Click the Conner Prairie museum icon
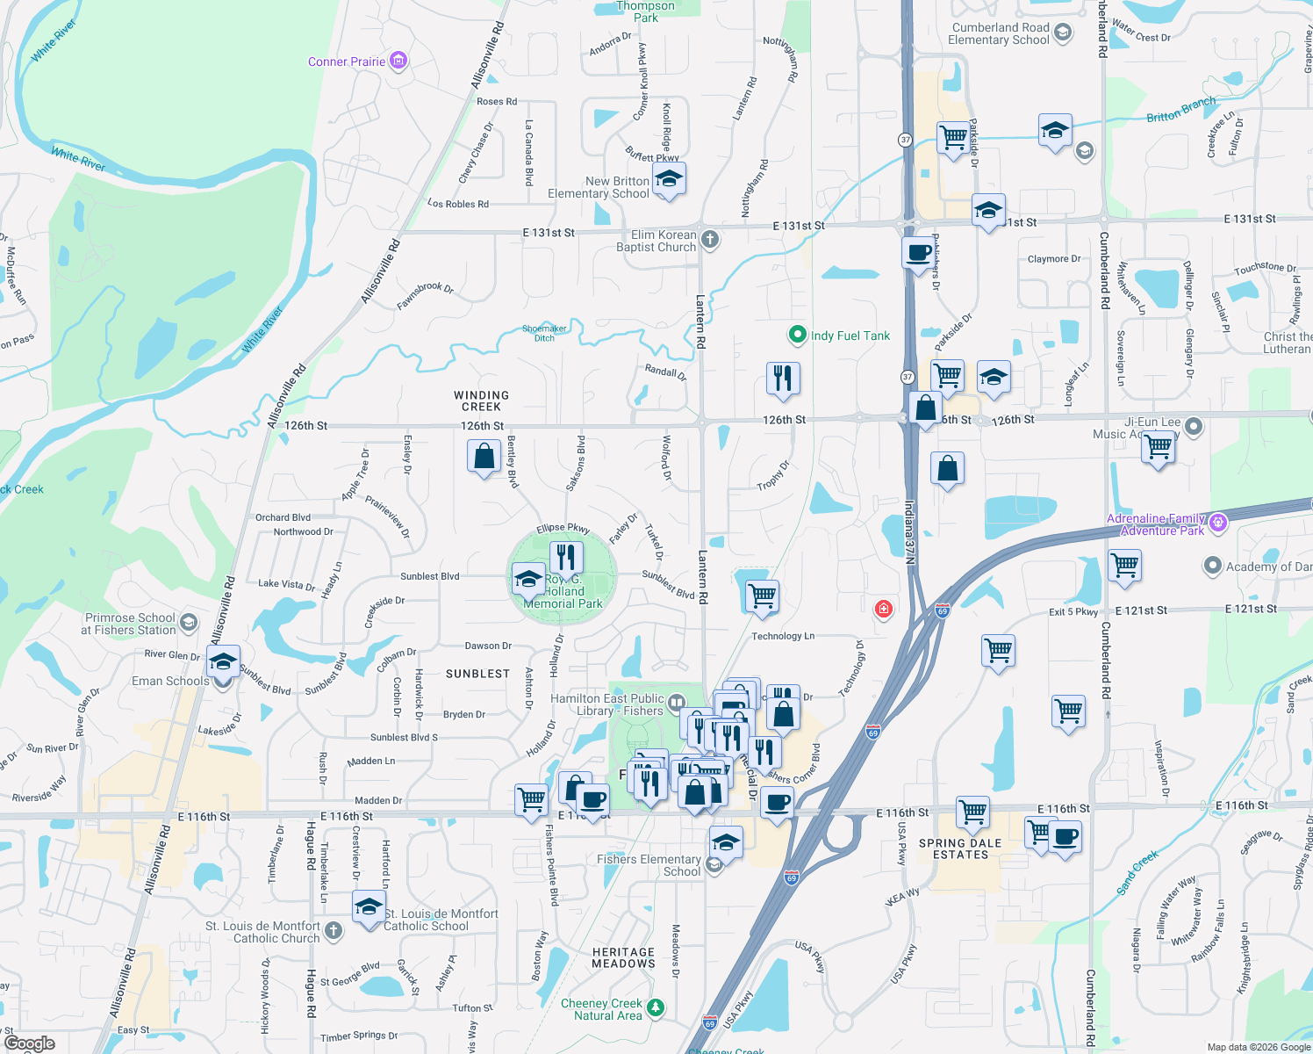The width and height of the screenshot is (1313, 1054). (398, 61)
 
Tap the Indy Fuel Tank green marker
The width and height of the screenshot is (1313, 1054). (797, 335)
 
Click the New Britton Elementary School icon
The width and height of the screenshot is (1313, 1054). (669, 179)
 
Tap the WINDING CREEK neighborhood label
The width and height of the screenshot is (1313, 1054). (481, 401)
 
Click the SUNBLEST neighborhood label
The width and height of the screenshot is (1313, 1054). (477, 674)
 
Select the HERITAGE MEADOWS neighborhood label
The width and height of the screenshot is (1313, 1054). (623, 957)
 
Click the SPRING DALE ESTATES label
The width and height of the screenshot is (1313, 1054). (960, 848)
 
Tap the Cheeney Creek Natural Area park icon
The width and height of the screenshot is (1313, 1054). (655, 1007)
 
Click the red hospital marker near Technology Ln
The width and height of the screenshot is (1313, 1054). (883, 608)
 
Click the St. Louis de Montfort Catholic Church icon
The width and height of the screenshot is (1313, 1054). (334, 930)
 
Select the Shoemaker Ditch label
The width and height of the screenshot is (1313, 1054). (544, 333)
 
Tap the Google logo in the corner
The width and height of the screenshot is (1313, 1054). (30, 1043)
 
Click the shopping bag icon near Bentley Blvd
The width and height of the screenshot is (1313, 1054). (484, 457)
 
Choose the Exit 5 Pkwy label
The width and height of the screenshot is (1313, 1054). (1073, 612)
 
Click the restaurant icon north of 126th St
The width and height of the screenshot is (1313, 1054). (782, 378)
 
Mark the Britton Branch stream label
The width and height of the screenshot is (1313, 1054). (1180, 110)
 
